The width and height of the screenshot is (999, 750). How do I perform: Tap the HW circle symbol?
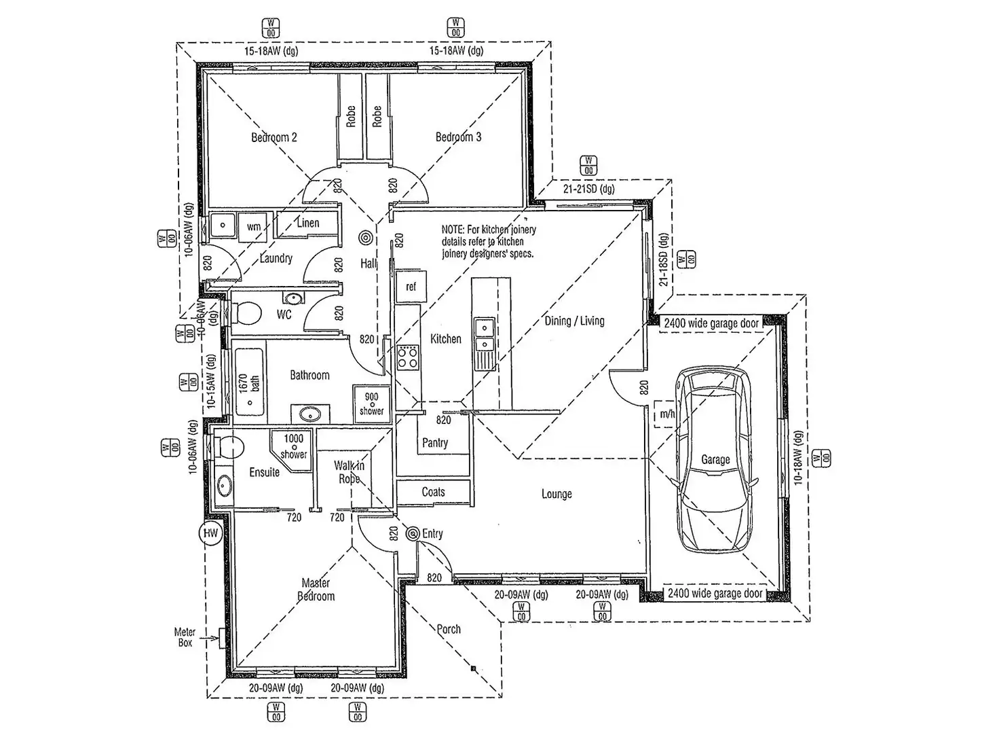[210, 533]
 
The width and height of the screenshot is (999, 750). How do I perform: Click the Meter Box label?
[185, 637]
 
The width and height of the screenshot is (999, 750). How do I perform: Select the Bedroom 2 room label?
[274, 137]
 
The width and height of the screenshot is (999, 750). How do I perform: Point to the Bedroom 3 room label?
[458, 137]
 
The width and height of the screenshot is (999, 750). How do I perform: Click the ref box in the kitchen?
[411, 287]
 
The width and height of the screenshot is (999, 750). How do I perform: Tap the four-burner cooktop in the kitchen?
[407, 357]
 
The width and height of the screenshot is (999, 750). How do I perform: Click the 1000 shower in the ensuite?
[293, 447]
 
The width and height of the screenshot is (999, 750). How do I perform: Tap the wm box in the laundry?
[254, 226]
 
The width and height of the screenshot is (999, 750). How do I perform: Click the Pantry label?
[435, 443]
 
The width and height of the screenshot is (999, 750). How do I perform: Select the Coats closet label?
[433, 492]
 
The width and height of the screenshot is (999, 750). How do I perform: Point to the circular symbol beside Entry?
[413, 535]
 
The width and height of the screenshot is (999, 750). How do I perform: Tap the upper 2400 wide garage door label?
[711, 323]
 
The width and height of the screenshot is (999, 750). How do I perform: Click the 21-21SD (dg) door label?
[588, 189]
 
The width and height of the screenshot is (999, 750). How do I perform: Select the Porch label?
[449, 629]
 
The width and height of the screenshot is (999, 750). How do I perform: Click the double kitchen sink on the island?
[484, 336]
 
